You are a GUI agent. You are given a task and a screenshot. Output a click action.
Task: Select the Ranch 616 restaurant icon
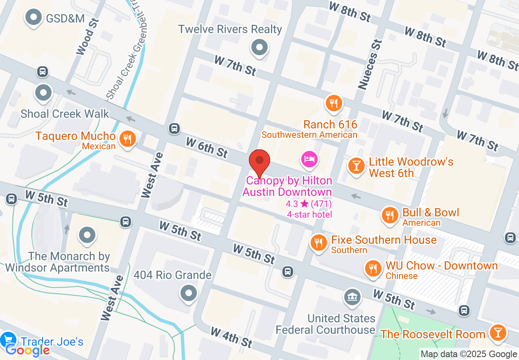click(334, 103)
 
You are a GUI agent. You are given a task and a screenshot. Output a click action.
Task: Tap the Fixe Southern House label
click(384, 240)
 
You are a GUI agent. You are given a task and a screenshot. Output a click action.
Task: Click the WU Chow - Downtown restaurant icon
click(372, 269)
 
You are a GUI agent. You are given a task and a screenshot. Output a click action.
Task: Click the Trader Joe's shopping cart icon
click(8, 340)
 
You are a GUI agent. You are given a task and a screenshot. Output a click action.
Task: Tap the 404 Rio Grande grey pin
click(189, 293)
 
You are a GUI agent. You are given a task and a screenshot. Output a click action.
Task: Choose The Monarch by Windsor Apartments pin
click(87, 236)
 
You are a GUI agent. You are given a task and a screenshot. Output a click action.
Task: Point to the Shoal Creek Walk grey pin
click(43, 93)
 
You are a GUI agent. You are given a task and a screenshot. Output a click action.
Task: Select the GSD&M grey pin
click(34, 18)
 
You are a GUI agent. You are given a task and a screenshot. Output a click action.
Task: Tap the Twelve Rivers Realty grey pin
click(259, 47)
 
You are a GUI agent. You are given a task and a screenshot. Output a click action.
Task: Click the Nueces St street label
click(370, 64)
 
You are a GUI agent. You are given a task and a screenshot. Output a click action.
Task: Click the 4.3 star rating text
click(309, 204)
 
